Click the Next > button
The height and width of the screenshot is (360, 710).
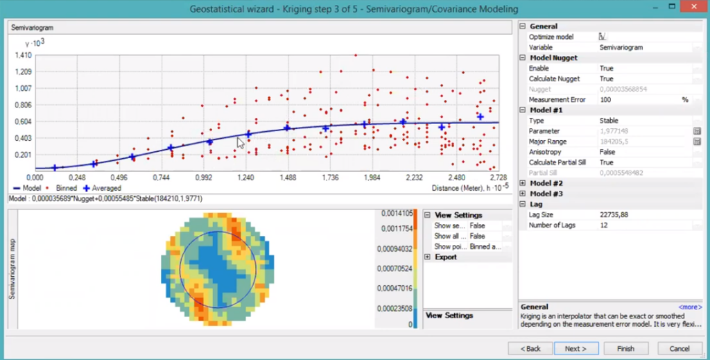(x=575, y=348)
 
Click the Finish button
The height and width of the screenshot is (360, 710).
(x=626, y=348)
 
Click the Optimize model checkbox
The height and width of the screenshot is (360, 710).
(x=603, y=37)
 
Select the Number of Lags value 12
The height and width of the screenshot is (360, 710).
(x=603, y=225)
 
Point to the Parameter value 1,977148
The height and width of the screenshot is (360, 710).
(x=614, y=131)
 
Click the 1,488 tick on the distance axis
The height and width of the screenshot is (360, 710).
(x=288, y=178)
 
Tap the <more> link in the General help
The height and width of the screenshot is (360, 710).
(x=689, y=307)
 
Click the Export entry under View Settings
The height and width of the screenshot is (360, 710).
(x=446, y=257)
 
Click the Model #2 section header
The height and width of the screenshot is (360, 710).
(x=546, y=183)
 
